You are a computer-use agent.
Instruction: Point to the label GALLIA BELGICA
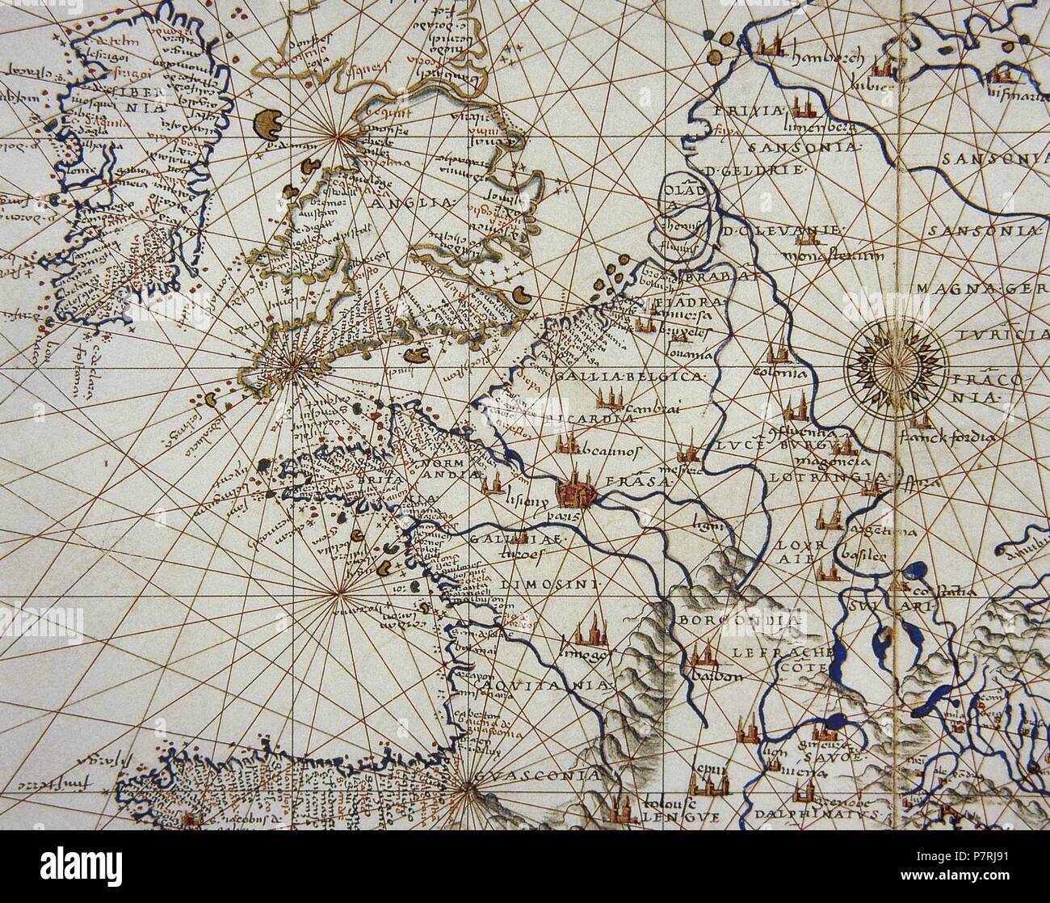[631, 378]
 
